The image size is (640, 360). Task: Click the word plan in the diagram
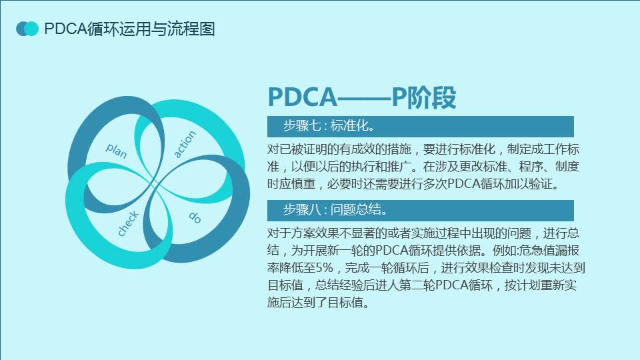click(x=116, y=151)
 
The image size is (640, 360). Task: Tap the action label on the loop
click(x=185, y=144)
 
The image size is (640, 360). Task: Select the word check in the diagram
click(x=128, y=224)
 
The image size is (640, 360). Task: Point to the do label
click(x=195, y=217)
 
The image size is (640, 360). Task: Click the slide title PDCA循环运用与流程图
click(x=129, y=29)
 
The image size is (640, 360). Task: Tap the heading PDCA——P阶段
click(x=361, y=97)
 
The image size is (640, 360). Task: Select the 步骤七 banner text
click(x=329, y=126)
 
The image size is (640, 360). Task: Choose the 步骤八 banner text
click(x=335, y=210)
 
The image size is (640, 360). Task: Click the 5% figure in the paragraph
click(x=325, y=268)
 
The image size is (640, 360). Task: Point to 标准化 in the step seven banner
click(x=349, y=126)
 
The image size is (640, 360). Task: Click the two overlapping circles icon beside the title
click(x=27, y=29)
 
